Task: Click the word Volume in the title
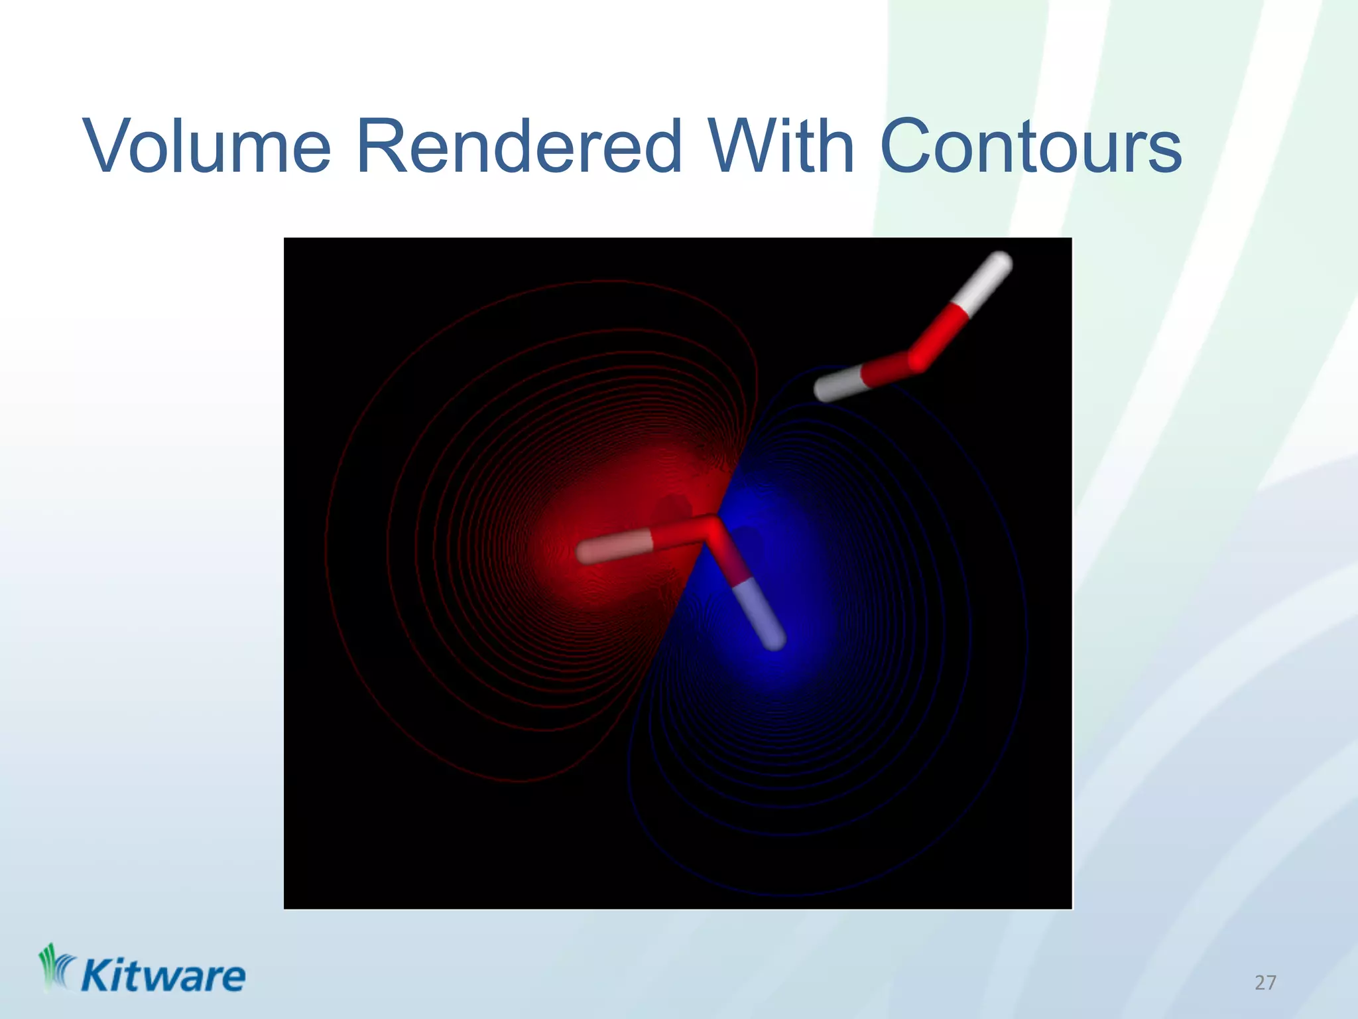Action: pyautogui.click(x=207, y=147)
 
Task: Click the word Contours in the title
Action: pyautogui.click(x=1032, y=147)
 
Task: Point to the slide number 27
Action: pyautogui.click(x=1265, y=983)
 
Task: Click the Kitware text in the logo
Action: pyautogui.click(x=163, y=977)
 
